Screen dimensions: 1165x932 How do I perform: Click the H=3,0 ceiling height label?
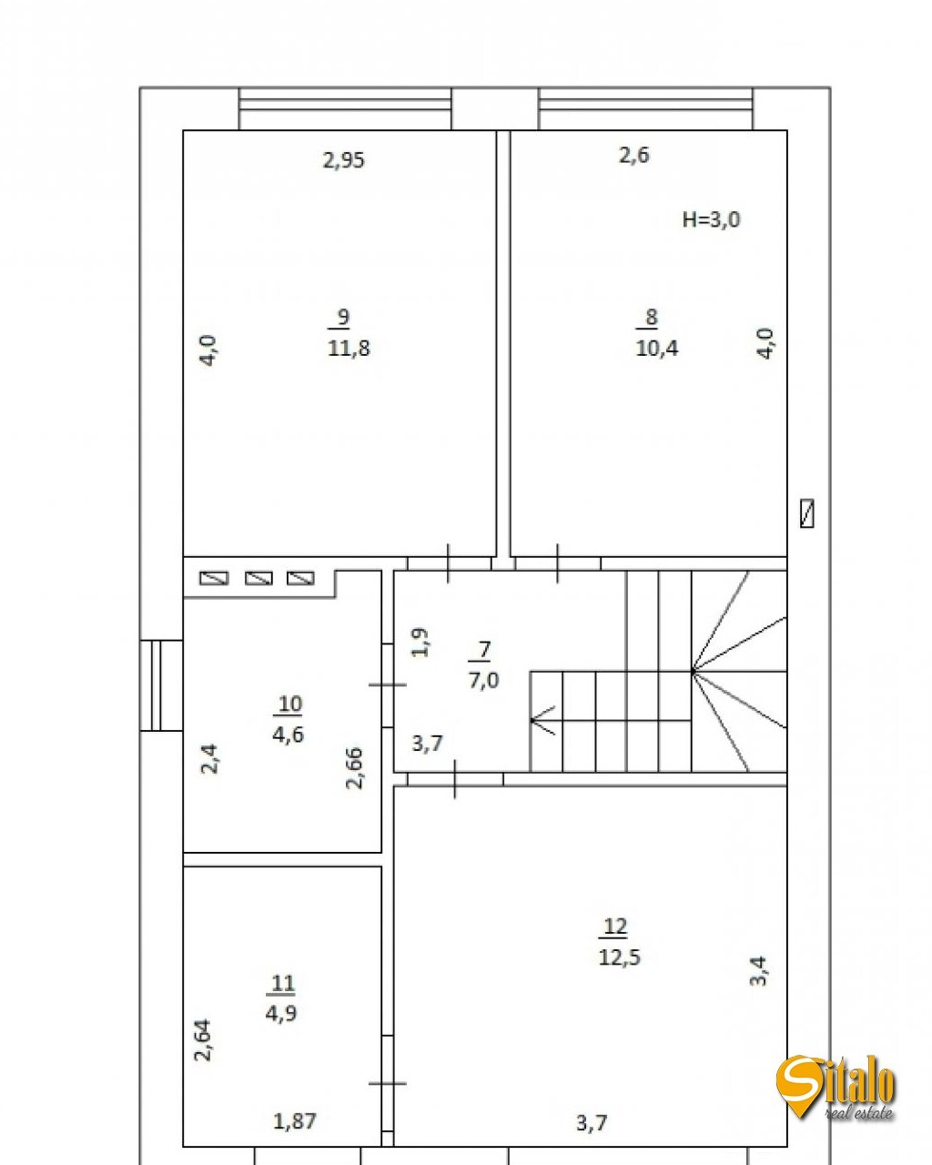click(x=711, y=219)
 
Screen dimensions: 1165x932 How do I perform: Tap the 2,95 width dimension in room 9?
click(x=344, y=160)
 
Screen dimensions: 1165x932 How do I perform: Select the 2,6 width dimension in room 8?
click(x=634, y=156)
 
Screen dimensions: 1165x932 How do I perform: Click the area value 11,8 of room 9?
click(x=349, y=348)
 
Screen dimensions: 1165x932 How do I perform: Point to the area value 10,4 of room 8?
click(x=656, y=348)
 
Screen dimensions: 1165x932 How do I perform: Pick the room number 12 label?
click(x=615, y=927)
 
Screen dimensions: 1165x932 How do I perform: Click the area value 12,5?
click(x=619, y=957)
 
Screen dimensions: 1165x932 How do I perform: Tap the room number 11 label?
click(x=283, y=983)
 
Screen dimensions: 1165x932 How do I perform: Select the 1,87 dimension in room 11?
click(x=295, y=1120)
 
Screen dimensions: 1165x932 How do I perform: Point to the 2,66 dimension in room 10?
click(x=354, y=767)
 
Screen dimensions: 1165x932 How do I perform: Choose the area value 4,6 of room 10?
click(x=288, y=734)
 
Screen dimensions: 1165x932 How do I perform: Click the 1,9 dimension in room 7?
click(x=420, y=643)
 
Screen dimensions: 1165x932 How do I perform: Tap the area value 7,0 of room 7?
click(x=483, y=680)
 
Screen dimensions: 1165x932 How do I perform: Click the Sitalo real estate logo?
click(x=836, y=1088)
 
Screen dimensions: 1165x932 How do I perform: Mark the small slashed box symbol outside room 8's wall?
click(x=806, y=513)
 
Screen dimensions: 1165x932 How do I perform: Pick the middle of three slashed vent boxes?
click(x=258, y=578)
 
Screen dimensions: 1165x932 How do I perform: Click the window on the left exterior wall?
click(x=161, y=685)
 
